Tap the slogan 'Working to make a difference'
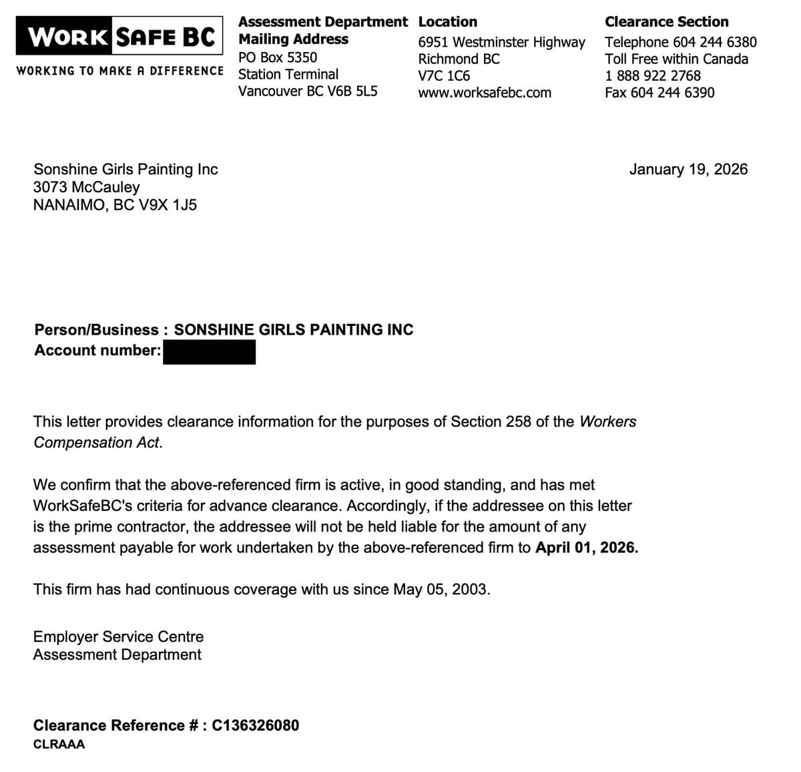click(120, 71)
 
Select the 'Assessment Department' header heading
click(323, 21)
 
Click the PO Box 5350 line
click(278, 57)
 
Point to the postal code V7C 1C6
click(444, 75)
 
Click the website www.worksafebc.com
click(485, 93)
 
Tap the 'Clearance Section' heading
click(666, 21)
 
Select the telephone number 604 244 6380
click(714, 42)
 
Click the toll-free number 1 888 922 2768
click(653, 75)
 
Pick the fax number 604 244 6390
click(672, 93)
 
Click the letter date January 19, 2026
click(688, 169)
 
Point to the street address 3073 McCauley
click(87, 187)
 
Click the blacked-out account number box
click(209, 352)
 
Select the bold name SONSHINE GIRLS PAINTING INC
click(294, 330)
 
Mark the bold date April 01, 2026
click(586, 548)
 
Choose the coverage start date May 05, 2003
click(441, 590)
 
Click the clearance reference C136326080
click(256, 725)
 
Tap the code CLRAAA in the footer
click(59, 744)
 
